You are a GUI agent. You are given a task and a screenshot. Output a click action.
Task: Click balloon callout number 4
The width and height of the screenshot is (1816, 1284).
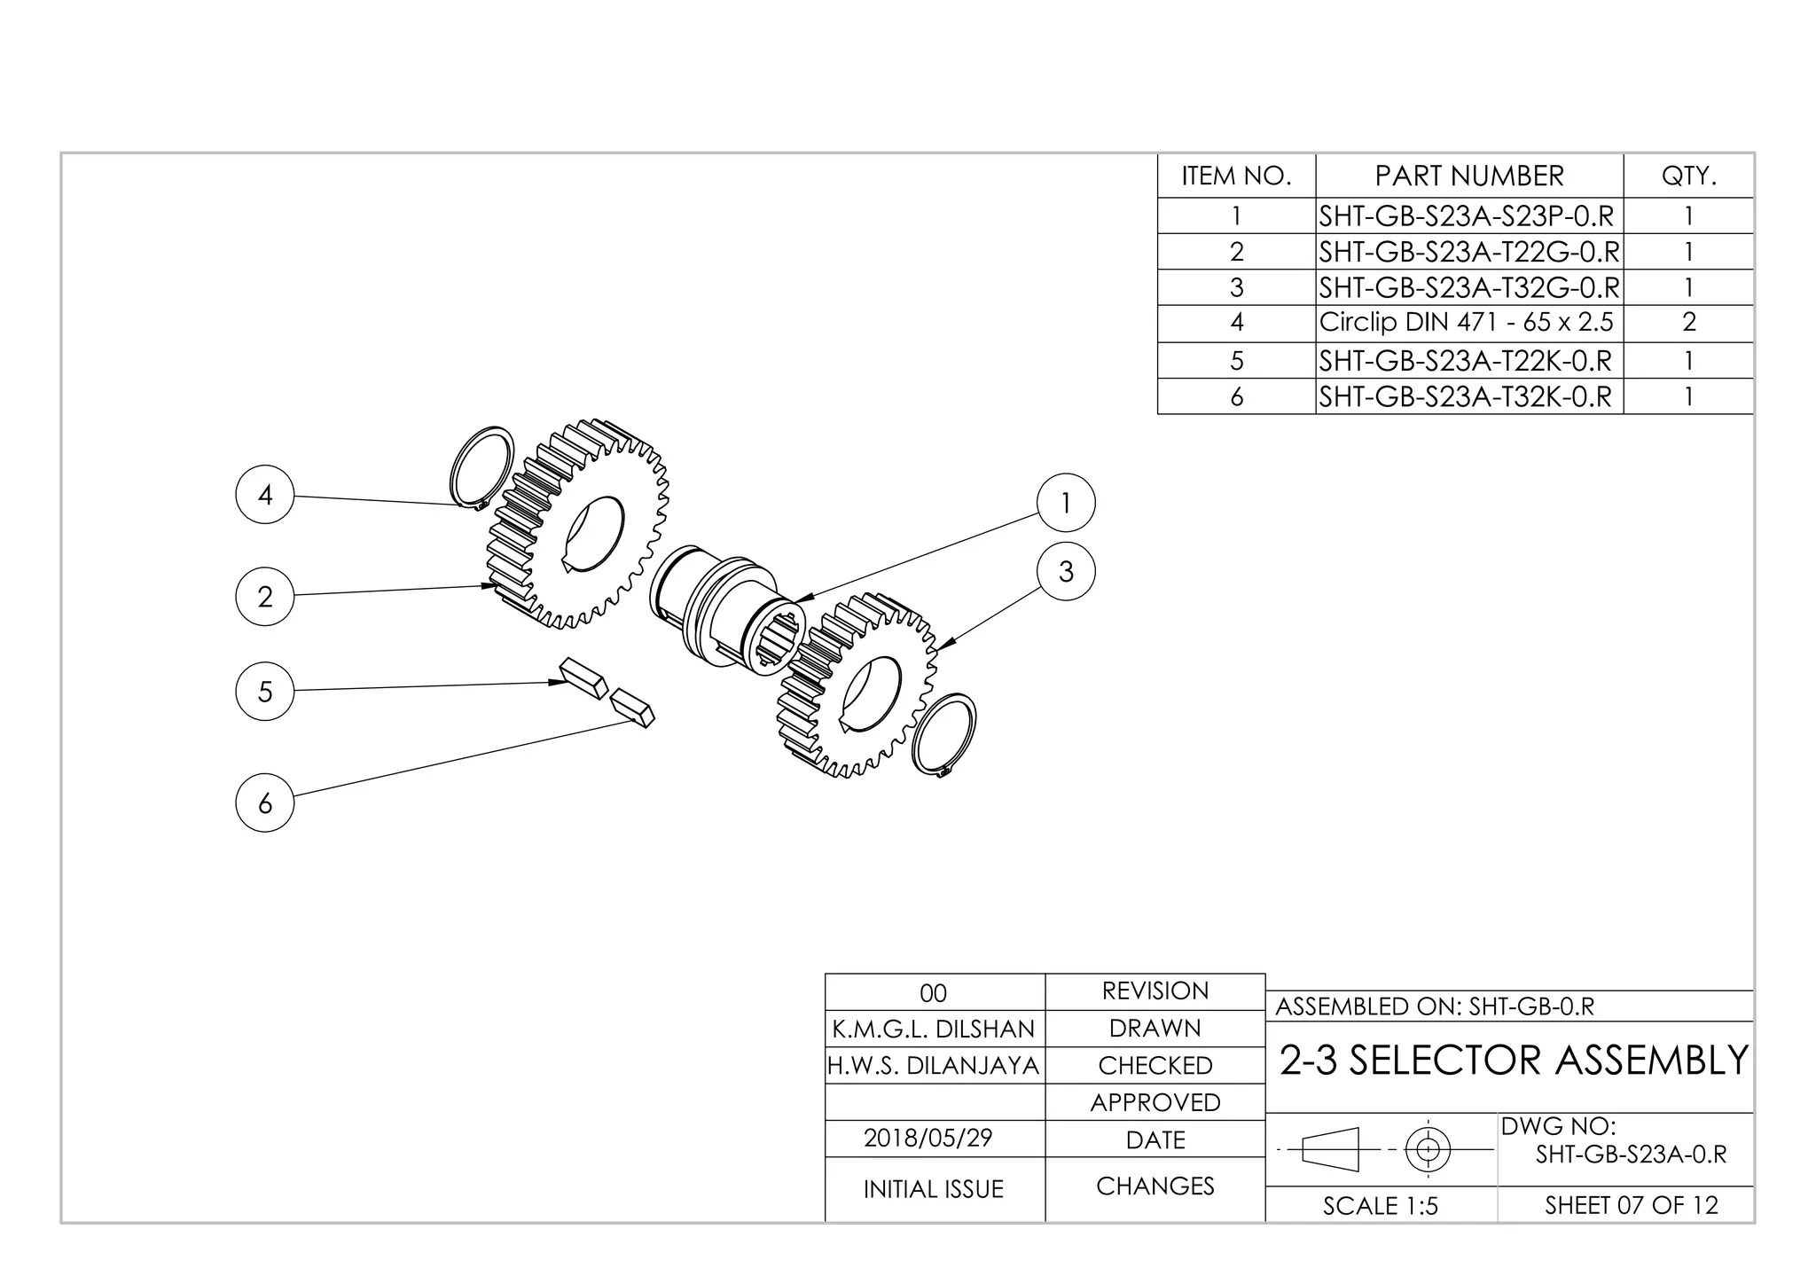pos(264,495)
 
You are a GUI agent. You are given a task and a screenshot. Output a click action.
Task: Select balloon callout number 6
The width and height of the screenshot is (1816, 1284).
pos(264,802)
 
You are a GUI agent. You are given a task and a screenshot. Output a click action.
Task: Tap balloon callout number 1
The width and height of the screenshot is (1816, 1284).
pos(1066,503)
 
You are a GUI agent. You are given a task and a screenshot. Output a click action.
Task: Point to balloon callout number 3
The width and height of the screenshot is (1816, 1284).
pos(1066,571)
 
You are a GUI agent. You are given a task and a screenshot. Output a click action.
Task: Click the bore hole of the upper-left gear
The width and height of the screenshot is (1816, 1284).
pos(593,533)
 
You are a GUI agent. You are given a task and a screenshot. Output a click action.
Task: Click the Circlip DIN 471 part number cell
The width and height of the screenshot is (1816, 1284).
pos(1468,323)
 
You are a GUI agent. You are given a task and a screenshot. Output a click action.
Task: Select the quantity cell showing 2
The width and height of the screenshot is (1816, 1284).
pos(1688,323)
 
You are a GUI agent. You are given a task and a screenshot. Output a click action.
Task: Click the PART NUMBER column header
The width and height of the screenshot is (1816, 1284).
pos(1469,176)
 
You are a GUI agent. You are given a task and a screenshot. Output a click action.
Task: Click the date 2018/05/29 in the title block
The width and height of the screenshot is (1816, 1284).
pos(928,1139)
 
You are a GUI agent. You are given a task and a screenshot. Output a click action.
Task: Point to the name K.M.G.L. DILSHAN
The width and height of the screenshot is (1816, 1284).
pos(934,1029)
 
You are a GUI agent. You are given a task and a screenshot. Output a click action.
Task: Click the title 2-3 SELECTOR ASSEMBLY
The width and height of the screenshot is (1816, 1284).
pos(1514,1061)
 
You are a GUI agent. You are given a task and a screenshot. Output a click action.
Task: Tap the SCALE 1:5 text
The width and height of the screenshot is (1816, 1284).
pos(1381,1206)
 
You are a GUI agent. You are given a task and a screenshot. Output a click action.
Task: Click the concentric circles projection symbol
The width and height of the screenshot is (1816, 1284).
pos(1428,1150)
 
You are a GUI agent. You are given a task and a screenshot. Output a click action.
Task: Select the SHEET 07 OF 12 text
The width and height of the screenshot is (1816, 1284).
pos(1631,1206)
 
